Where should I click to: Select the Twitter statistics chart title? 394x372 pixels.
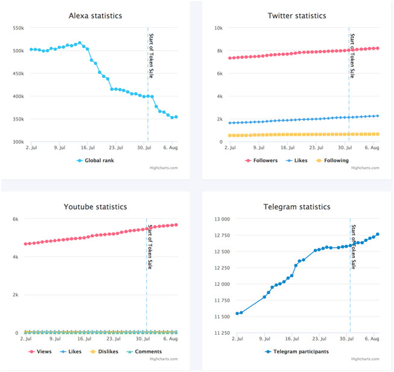(296, 16)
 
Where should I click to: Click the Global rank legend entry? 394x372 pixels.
(100, 161)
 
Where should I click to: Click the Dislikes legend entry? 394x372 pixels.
(104, 352)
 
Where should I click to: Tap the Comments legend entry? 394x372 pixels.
(145, 352)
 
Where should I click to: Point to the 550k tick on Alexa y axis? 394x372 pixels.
(17, 28)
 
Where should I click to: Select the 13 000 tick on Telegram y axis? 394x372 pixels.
(218, 219)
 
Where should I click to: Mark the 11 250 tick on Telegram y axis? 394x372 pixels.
(218, 333)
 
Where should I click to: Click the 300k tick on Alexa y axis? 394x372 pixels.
(17, 142)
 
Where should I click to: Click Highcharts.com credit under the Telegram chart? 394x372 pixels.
(366, 359)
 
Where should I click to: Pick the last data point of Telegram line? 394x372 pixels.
(378, 234)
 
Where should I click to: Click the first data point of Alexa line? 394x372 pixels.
(31, 49)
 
